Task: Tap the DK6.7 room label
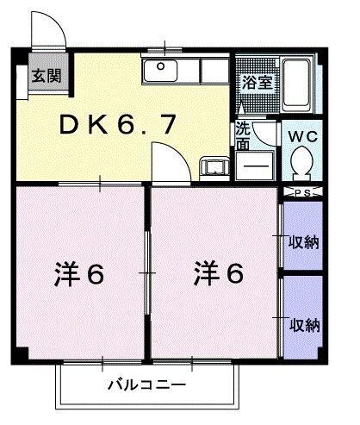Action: [x=120, y=124]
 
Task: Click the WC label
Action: [x=301, y=136]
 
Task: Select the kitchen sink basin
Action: [x=160, y=72]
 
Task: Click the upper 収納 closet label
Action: [x=302, y=241]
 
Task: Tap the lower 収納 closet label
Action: [x=302, y=325]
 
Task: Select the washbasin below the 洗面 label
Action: [x=256, y=161]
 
